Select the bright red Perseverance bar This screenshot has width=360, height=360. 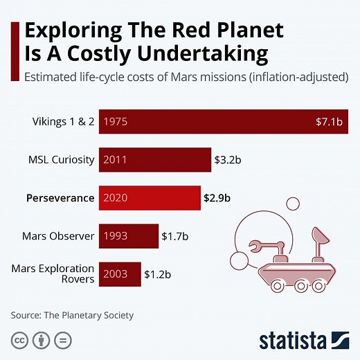click(150, 198)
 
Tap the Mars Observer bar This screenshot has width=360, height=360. click(128, 236)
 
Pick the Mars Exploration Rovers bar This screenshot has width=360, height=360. click(120, 274)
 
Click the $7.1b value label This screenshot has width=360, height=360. click(329, 122)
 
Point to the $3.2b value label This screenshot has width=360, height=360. click(228, 160)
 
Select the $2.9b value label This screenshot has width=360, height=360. click(217, 198)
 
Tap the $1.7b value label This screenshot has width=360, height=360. click(175, 236)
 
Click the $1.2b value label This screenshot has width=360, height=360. click(158, 274)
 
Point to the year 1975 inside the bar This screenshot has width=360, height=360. click(116, 122)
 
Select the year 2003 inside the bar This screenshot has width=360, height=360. click(116, 274)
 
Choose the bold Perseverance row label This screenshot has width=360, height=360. click(60, 198)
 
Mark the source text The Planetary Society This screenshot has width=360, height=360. click(89, 316)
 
